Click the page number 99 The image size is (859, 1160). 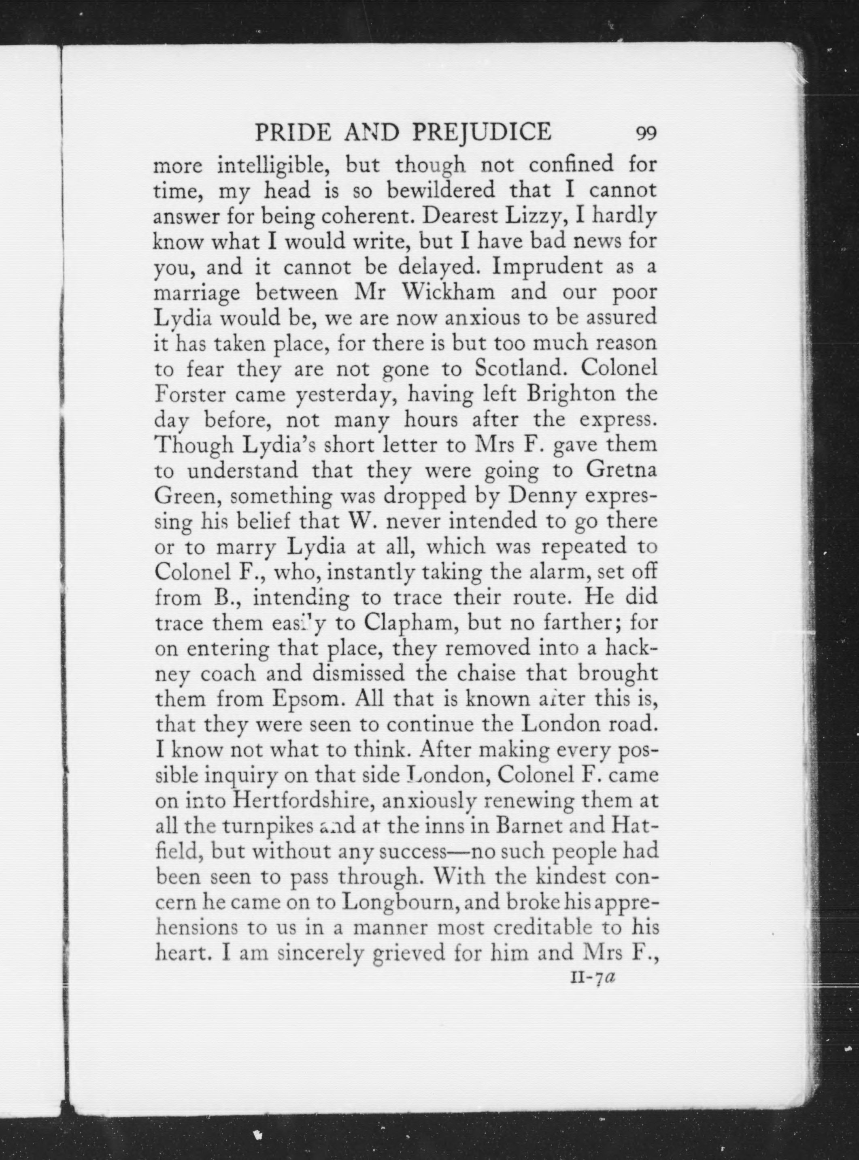(646, 134)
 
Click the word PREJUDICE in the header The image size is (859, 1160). (481, 132)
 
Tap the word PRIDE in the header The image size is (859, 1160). (293, 132)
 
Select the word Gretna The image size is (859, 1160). (622, 470)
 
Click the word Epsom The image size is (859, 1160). (308, 699)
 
